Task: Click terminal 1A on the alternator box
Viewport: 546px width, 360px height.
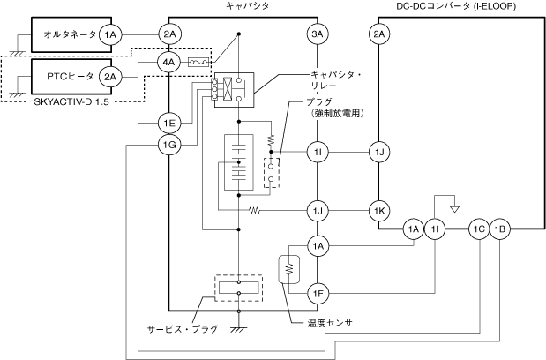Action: click(110, 34)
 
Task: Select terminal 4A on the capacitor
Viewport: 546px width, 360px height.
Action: click(168, 63)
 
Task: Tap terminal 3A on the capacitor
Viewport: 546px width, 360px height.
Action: click(318, 34)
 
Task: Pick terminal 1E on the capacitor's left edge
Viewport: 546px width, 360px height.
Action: click(168, 123)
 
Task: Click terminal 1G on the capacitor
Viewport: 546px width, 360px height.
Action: click(168, 145)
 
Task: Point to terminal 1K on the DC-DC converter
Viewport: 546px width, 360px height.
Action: click(379, 211)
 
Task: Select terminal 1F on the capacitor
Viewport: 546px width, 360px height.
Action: click(318, 294)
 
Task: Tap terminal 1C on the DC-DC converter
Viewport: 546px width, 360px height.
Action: click(479, 229)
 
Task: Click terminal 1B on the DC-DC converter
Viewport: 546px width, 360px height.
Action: click(499, 229)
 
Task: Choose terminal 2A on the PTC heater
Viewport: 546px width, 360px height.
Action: click(110, 77)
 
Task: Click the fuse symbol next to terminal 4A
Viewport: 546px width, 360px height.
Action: click(198, 63)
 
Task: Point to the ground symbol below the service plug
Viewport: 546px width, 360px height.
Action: click(238, 329)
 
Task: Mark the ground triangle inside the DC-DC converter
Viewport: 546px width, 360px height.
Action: click(455, 209)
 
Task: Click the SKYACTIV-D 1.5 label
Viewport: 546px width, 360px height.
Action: click(71, 102)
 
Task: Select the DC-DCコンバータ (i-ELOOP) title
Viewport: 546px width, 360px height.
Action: click(456, 6)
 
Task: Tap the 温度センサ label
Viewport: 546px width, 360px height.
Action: click(330, 323)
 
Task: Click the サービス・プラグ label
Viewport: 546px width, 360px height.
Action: click(182, 329)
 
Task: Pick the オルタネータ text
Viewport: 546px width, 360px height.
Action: click(70, 34)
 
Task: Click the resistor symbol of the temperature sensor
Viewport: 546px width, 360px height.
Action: click(288, 269)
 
